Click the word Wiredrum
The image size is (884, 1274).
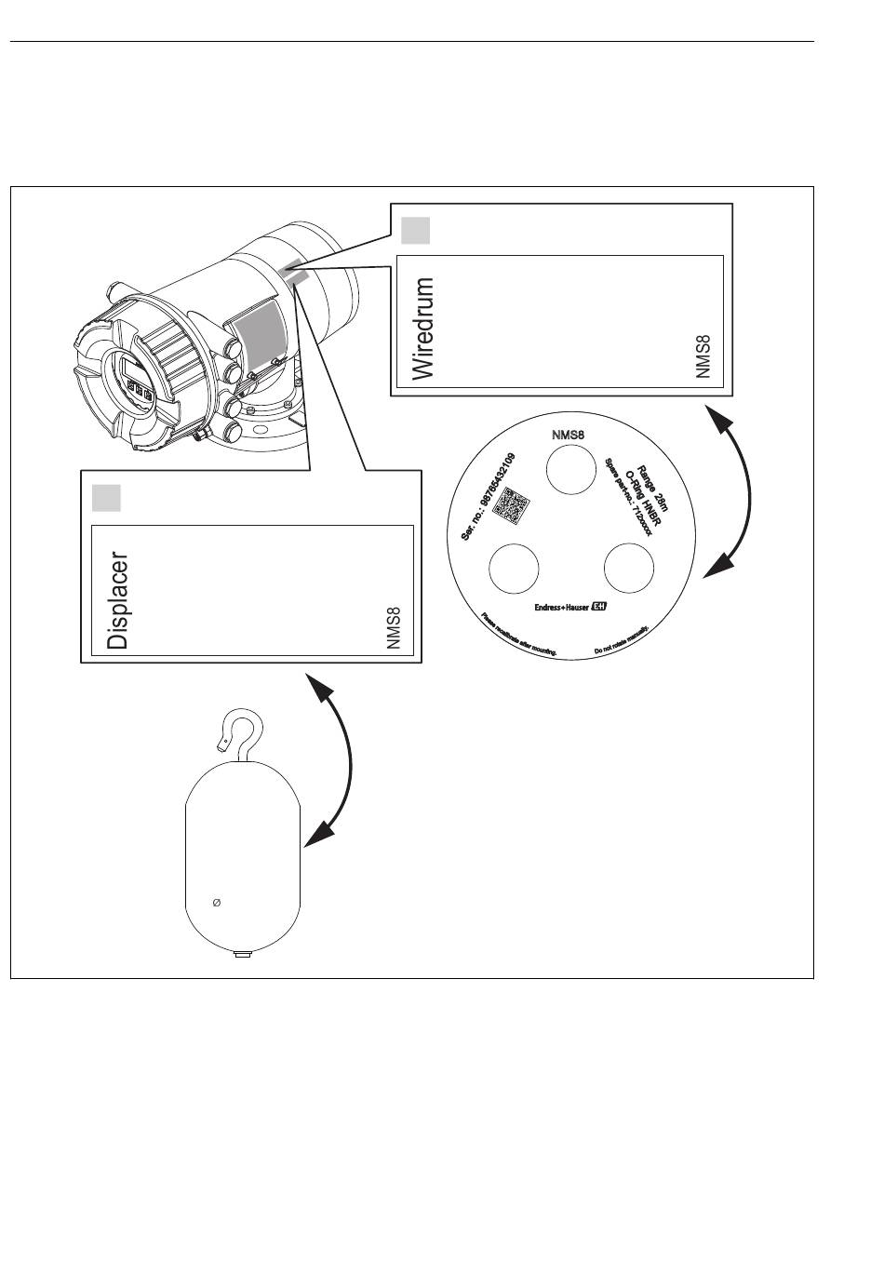coord(423,329)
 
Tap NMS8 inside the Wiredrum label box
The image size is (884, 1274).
coord(703,357)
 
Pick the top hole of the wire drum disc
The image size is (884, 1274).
coord(570,468)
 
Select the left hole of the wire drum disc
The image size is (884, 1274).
coord(514,568)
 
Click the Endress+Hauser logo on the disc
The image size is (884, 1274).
coord(570,608)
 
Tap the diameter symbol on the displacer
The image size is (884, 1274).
coord(217,903)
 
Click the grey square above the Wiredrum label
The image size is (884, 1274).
coord(415,230)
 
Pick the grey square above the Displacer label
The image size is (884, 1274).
coord(106,498)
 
